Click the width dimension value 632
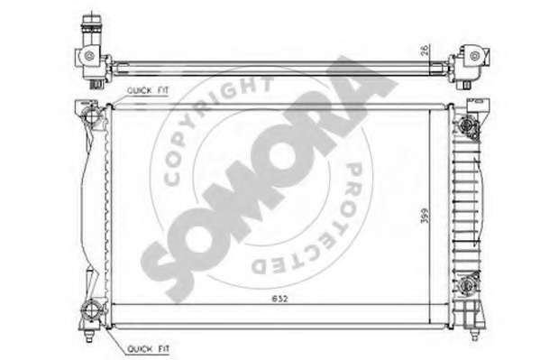(279, 299)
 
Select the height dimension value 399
(425, 215)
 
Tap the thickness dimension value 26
(426, 50)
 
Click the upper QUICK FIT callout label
(148, 91)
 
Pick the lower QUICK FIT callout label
(148, 348)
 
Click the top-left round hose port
(91, 115)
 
